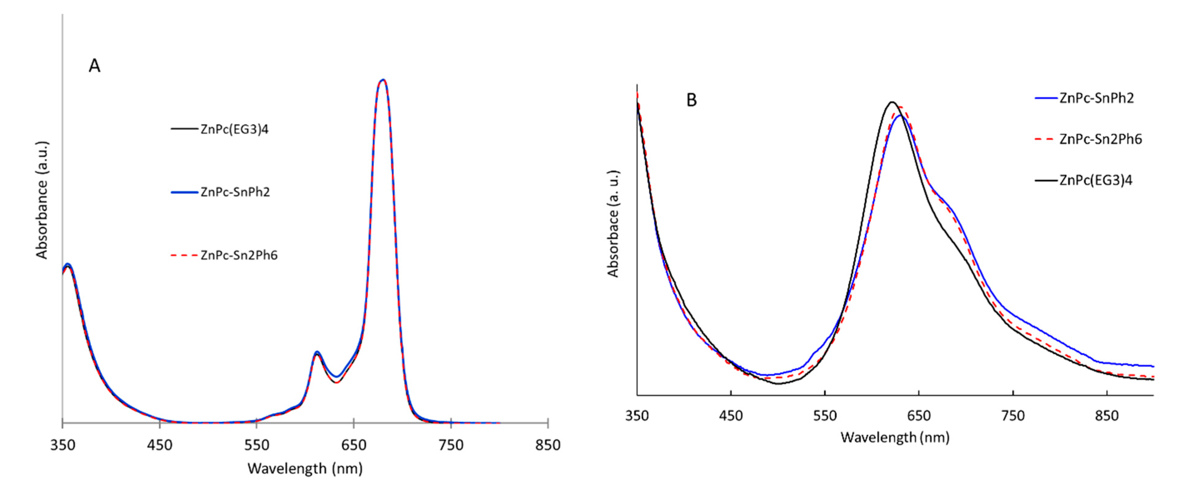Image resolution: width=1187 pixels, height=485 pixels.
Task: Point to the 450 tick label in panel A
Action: tap(159, 445)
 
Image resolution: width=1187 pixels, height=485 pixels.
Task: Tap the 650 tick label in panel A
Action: tap(353, 445)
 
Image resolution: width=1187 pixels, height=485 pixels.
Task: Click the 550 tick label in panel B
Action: tap(825, 416)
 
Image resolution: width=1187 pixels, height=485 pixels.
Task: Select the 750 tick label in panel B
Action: tap(1013, 416)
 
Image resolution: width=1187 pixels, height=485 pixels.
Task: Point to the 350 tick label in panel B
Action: tap(637, 416)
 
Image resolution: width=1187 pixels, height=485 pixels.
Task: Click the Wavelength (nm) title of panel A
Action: tap(305, 469)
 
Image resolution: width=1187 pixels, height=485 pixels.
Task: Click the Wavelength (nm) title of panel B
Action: tap(895, 437)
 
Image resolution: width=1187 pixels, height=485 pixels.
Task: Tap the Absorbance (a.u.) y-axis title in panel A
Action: tap(42, 201)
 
